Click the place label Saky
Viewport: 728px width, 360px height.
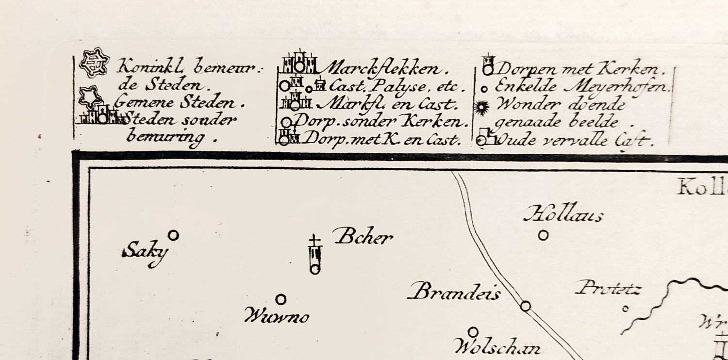pos(145,253)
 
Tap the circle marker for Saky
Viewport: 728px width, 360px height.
pos(173,235)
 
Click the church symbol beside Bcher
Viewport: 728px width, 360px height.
pos(315,256)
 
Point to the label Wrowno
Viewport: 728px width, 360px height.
pos(277,317)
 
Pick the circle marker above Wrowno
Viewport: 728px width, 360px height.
pos(281,299)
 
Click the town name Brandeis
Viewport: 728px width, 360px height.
pos(454,293)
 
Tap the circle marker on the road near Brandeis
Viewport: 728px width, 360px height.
pos(525,306)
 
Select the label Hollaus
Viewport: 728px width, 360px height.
pos(563,214)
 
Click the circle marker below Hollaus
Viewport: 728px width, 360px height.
pos(544,235)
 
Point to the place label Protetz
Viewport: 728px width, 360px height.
pos(609,289)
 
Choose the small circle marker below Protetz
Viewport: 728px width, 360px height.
pos(625,308)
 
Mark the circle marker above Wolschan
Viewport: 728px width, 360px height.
pos(473,332)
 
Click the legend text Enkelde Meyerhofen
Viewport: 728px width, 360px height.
pos(583,88)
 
